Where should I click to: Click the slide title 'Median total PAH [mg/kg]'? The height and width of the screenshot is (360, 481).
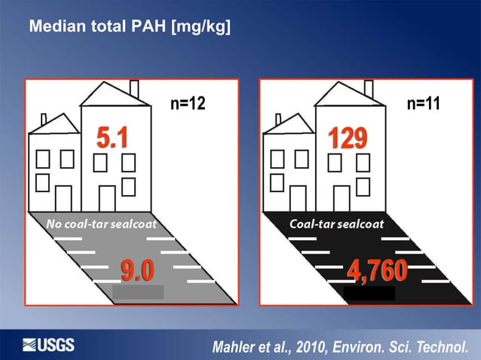(x=130, y=28)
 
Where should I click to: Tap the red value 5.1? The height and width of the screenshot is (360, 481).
(x=112, y=139)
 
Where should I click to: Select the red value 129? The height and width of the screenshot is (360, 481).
(x=348, y=139)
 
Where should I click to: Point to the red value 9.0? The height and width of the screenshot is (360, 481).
(x=139, y=268)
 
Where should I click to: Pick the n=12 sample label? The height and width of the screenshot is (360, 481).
(x=187, y=104)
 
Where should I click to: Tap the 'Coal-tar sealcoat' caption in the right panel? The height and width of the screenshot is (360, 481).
(x=336, y=224)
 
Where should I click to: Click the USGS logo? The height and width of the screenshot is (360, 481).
(x=49, y=345)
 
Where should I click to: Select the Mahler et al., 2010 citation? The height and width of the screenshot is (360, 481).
(x=345, y=347)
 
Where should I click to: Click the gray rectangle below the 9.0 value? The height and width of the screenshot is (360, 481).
(x=138, y=292)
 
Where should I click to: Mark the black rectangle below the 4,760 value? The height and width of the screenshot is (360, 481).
(x=369, y=292)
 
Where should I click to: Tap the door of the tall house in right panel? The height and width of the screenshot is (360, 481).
(x=342, y=199)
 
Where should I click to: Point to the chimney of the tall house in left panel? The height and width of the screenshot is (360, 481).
(x=134, y=88)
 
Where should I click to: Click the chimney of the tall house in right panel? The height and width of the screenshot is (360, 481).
(x=369, y=88)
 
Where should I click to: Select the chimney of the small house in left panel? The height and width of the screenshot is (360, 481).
(x=44, y=119)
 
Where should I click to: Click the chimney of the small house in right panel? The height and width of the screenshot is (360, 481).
(x=278, y=119)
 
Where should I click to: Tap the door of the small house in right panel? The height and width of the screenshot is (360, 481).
(x=298, y=199)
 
